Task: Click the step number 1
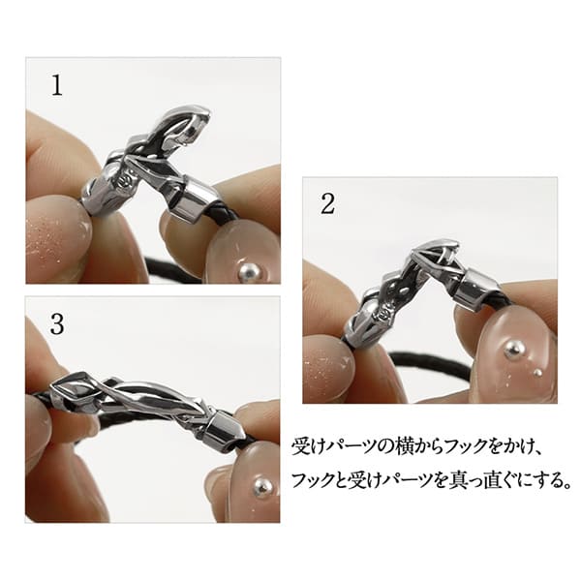[x=57, y=85]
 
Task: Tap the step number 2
[x=327, y=203]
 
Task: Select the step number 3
[x=57, y=324]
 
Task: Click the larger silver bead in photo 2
[x=513, y=349]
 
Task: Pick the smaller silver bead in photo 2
[x=538, y=372]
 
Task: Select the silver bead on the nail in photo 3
[x=262, y=487]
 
